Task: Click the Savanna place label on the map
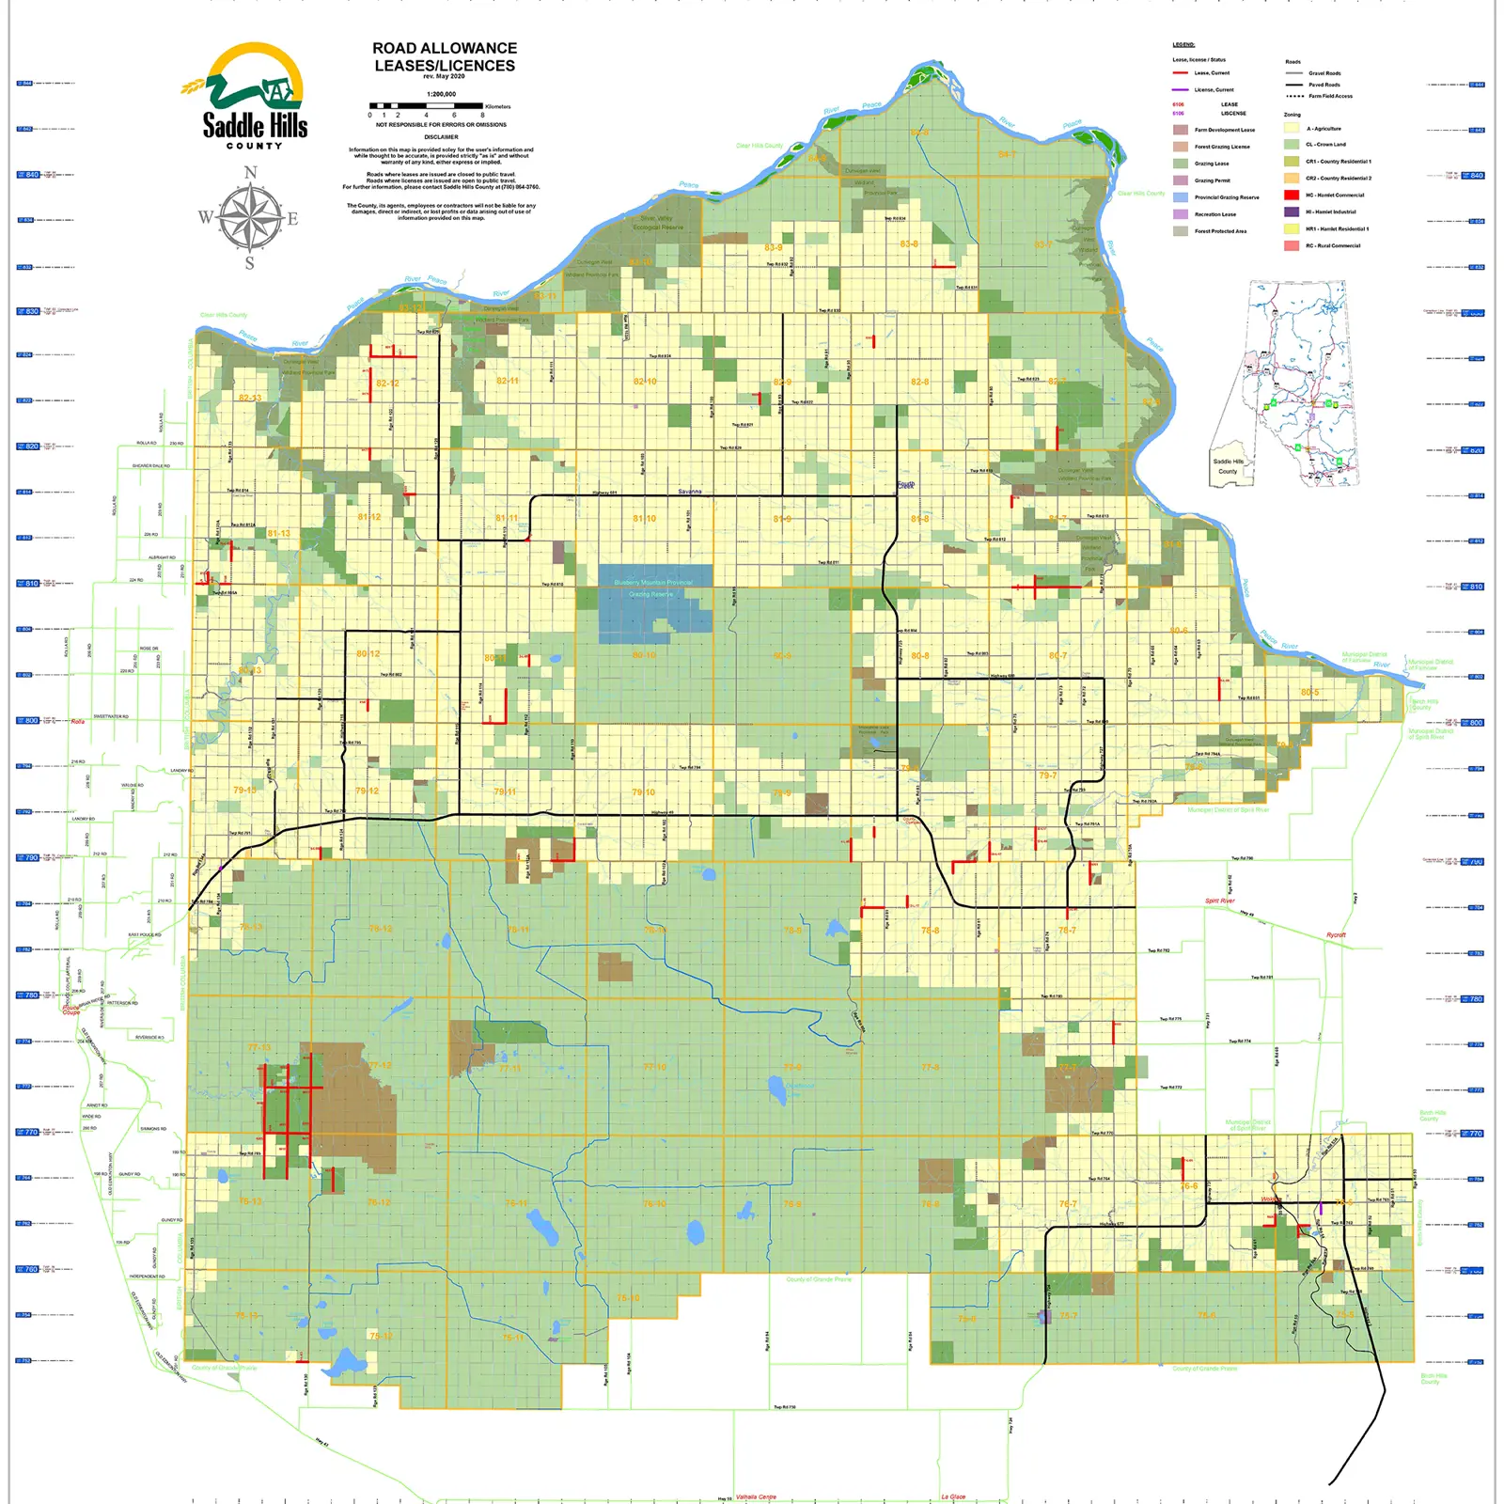pyautogui.click(x=690, y=492)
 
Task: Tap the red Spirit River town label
pyautogui.click(x=1219, y=901)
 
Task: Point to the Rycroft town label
pyautogui.click(x=1336, y=935)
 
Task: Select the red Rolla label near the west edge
pyautogui.click(x=77, y=722)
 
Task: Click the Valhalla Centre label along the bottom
pyautogui.click(x=756, y=1496)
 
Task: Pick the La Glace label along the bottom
pyautogui.click(x=953, y=1496)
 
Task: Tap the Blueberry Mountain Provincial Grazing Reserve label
pyautogui.click(x=653, y=587)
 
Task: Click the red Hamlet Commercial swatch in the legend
pyautogui.click(x=1292, y=196)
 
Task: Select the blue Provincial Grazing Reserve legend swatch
pyautogui.click(x=1180, y=197)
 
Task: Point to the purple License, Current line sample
pyautogui.click(x=1180, y=89)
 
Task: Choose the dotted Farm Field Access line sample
pyautogui.click(x=1294, y=96)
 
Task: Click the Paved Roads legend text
pyautogui.click(x=1324, y=85)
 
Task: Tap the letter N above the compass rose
pyautogui.click(x=250, y=173)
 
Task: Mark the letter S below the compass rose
pyautogui.click(x=250, y=263)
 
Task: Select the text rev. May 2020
pyautogui.click(x=444, y=77)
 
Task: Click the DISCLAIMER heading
pyautogui.click(x=441, y=137)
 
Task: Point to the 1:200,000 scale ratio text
pyautogui.click(x=441, y=94)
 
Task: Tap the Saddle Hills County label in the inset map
pyautogui.click(x=1228, y=466)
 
